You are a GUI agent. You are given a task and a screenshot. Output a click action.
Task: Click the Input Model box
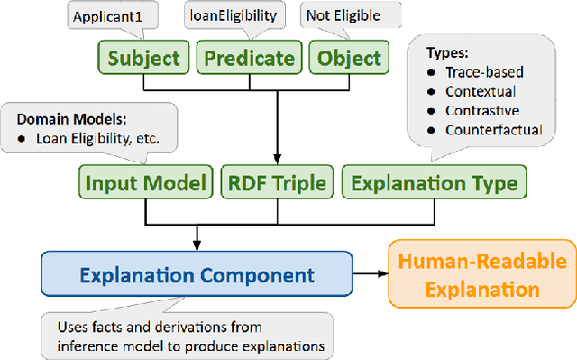tap(144, 183)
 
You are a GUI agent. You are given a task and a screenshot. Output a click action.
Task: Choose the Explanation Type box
tap(435, 183)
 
